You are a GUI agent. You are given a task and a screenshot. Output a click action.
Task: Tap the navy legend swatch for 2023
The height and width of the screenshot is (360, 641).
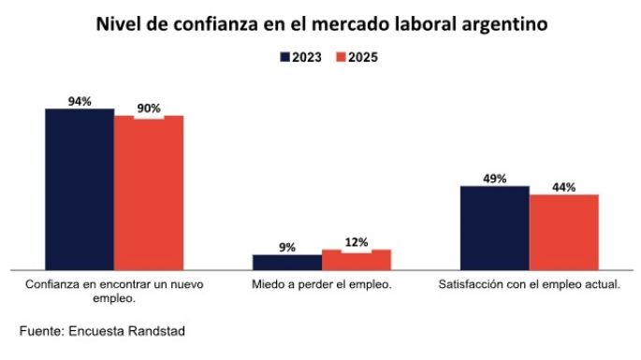(x=284, y=57)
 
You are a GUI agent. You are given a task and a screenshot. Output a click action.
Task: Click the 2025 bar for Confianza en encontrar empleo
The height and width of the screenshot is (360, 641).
(x=149, y=193)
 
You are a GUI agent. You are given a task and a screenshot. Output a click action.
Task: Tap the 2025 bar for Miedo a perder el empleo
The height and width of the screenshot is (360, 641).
(x=357, y=259)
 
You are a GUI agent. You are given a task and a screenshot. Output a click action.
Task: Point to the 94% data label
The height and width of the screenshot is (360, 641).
(x=80, y=101)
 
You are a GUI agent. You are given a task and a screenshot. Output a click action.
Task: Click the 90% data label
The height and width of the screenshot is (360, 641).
(x=149, y=108)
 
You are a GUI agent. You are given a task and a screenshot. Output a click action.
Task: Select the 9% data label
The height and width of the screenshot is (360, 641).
(x=287, y=248)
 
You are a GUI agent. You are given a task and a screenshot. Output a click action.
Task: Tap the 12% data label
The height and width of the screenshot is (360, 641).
(x=357, y=242)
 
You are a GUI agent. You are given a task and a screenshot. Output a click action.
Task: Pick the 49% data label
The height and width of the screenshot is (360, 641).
(x=495, y=179)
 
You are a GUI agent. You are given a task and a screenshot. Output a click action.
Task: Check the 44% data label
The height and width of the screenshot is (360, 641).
(x=564, y=187)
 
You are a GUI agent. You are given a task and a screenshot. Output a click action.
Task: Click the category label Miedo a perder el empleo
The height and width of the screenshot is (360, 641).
(x=322, y=283)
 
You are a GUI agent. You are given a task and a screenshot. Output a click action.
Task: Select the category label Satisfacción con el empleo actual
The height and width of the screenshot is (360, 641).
(x=530, y=283)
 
